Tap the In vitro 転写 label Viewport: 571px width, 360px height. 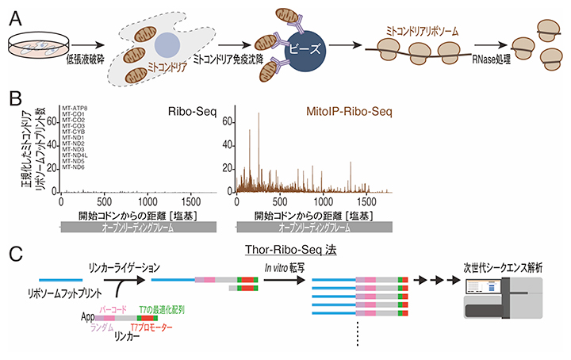click(285, 270)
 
